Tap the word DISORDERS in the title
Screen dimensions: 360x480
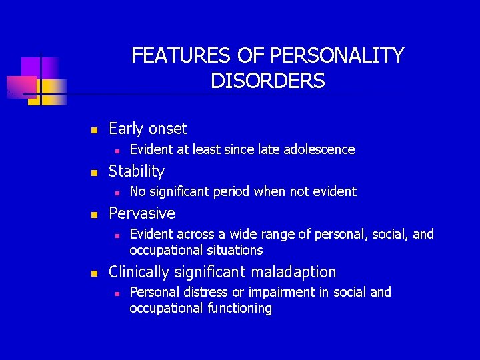click(x=267, y=81)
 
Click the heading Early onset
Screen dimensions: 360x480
click(x=147, y=129)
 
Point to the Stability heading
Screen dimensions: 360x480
click(x=136, y=171)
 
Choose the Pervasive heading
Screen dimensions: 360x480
click(x=141, y=213)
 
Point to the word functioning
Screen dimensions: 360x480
click(x=239, y=308)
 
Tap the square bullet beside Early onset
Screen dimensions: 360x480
click(x=95, y=129)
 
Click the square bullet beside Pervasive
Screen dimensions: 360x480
click(x=95, y=214)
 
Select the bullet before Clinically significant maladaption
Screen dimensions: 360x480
click(x=95, y=273)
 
